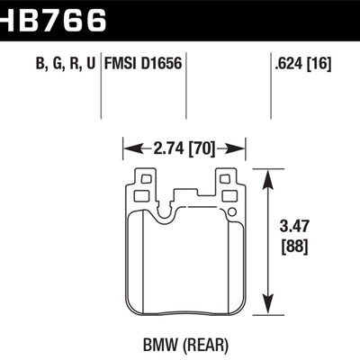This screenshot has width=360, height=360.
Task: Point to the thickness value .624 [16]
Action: click(x=302, y=64)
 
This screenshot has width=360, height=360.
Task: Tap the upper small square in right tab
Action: click(x=225, y=180)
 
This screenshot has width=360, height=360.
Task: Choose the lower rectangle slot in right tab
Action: click(x=227, y=193)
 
